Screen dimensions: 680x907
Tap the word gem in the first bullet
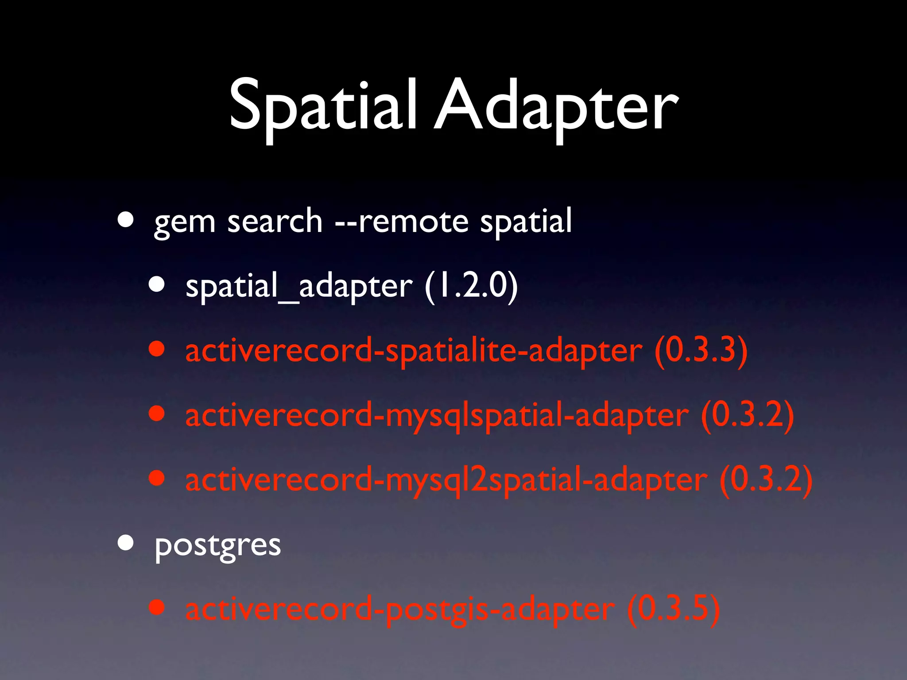(184, 221)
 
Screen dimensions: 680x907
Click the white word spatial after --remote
(526, 221)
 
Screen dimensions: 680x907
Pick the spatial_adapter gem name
(299, 286)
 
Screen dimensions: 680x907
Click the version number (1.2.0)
(471, 286)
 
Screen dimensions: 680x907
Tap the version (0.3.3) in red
(701, 350)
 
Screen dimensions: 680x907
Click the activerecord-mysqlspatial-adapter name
(437, 415)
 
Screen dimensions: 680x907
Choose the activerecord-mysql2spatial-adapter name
(446, 480)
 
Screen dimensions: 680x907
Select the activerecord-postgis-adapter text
(400, 609)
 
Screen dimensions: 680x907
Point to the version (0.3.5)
(674, 609)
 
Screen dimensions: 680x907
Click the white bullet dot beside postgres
(126, 542)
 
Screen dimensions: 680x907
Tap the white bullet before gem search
(126, 219)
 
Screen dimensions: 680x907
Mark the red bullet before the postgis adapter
(157, 607)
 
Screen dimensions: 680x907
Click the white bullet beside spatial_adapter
(157, 284)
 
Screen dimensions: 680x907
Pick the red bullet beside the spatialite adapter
(157, 348)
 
